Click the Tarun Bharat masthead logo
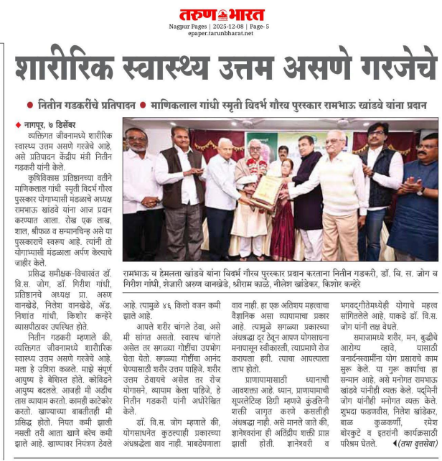click(222, 14)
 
